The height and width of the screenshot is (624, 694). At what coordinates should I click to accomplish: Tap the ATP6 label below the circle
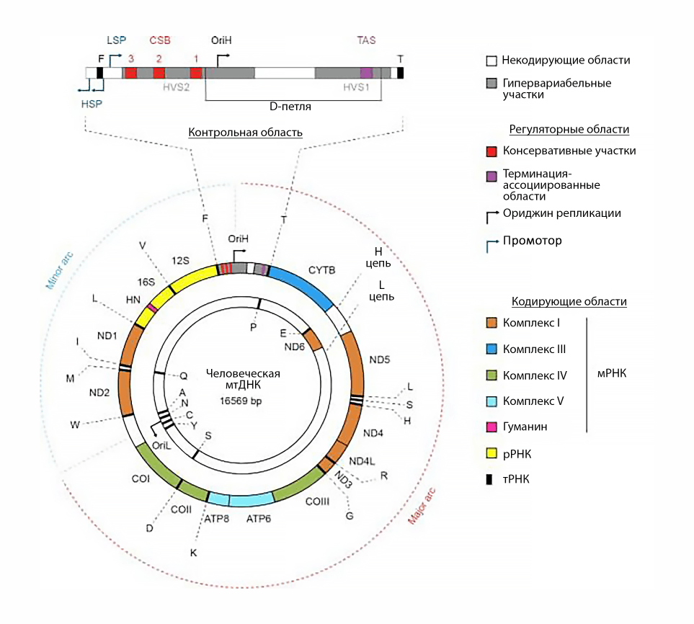coord(259,517)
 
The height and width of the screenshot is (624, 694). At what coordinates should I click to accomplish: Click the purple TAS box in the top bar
coord(367,73)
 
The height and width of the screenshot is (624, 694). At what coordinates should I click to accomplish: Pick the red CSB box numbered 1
coord(196,73)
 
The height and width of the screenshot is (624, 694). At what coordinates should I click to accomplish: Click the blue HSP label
coord(92,103)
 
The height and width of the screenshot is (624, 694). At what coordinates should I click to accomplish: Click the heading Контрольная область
coord(245,133)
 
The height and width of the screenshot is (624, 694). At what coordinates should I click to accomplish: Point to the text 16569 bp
coord(243,401)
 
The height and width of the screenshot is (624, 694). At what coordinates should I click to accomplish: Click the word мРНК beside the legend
coord(612,374)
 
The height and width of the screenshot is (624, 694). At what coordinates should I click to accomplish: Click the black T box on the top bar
coord(400,73)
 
